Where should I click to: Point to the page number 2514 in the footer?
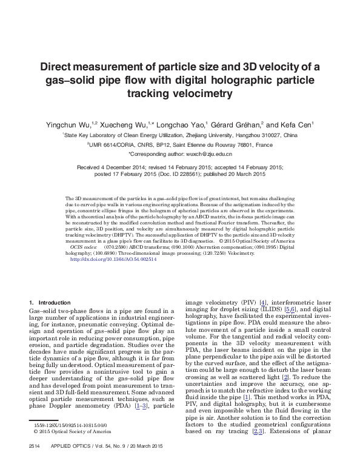(26, 462)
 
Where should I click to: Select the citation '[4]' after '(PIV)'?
(263, 302)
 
